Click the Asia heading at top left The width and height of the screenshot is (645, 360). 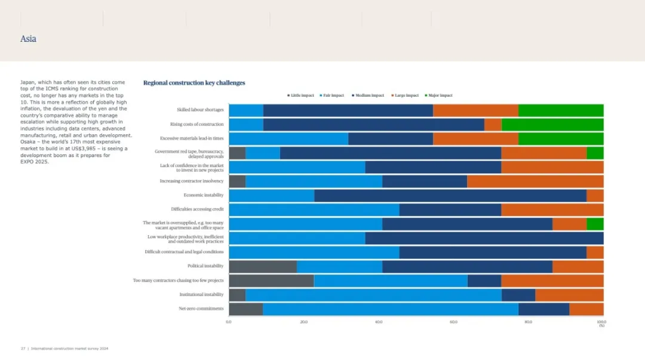(x=28, y=39)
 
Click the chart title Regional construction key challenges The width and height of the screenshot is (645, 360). (x=194, y=83)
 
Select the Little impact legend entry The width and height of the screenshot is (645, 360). (x=302, y=96)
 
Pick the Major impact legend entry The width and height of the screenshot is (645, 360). (x=440, y=96)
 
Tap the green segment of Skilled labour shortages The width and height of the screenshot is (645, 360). (x=561, y=110)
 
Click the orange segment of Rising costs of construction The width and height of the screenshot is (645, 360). (x=493, y=124)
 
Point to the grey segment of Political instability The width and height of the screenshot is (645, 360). (x=263, y=266)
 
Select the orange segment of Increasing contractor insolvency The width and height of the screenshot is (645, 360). (x=535, y=181)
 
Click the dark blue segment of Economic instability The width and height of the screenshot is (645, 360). (x=450, y=195)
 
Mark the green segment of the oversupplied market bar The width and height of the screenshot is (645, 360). (x=595, y=224)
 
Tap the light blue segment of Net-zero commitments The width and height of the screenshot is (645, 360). (x=391, y=309)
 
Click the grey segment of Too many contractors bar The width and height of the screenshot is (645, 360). (x=271, y=281)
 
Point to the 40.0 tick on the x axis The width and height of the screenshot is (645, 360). (x=379, y=322)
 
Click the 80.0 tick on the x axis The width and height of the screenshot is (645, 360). (x=529, y=322)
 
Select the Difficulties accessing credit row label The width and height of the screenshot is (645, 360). (x=197, y=210)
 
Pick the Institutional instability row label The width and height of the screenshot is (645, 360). (x=201, y=294)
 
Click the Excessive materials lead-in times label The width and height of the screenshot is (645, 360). (x=192, y=139)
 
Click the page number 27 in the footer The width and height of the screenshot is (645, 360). (x=23, y=348)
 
